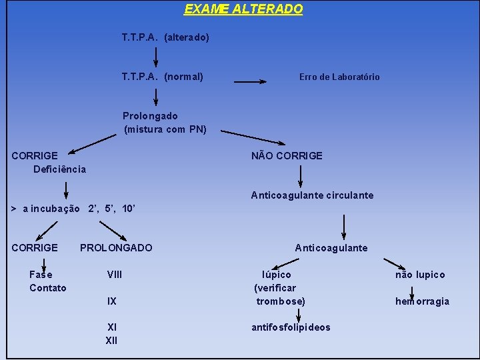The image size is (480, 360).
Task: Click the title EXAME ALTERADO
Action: point(243,9)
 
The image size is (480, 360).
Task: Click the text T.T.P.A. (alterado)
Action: point(165,37)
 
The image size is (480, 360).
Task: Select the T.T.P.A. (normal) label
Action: point(163,77)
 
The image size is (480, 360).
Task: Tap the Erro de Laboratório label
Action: point(339,77)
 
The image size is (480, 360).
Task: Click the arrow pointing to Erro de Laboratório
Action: point(250,81)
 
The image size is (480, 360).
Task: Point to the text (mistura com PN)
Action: point(165,129)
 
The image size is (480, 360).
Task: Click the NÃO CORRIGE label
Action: point(287,156)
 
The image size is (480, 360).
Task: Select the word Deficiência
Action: point(60,169)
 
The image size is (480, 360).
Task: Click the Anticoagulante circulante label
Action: point(312,195)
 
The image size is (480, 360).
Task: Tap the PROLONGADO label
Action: point(116,248)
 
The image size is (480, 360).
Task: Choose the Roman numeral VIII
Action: point(115,275)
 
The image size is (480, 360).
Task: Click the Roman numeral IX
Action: point(112,301)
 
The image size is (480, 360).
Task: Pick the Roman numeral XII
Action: point(111,341)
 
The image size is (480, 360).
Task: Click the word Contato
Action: point(48,288)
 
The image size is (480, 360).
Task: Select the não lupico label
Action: point(420,275)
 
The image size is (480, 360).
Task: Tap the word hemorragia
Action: point(422,301)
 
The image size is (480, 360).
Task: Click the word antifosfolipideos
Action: point(291,327)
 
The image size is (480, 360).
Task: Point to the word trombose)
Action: point(281,301)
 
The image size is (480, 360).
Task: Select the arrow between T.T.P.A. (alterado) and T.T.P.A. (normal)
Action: point(156,57)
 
